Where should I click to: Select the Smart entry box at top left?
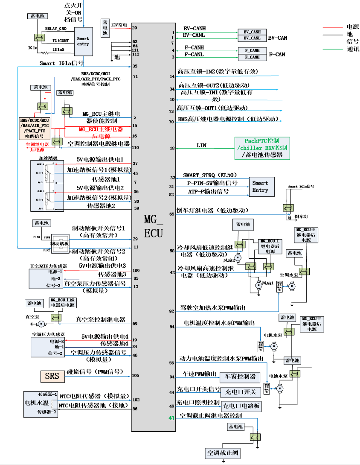tap(83, 41)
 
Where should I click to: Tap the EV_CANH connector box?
tap(252, 32)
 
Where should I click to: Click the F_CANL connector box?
tap(252, 57)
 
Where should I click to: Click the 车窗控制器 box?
tap(241, 376)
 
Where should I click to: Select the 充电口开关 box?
tap(241, 392)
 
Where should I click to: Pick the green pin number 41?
tap(171, 418)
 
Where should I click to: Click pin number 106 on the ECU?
tap(136, 376)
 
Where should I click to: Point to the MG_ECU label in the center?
tap(154, 226)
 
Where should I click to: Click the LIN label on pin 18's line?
tap(201, 146)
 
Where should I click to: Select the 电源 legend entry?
tap(352, 26)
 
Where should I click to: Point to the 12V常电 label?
tap(119, 25)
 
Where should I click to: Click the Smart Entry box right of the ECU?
tap(260, 187)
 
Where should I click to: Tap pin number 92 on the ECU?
tap(171, 311)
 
